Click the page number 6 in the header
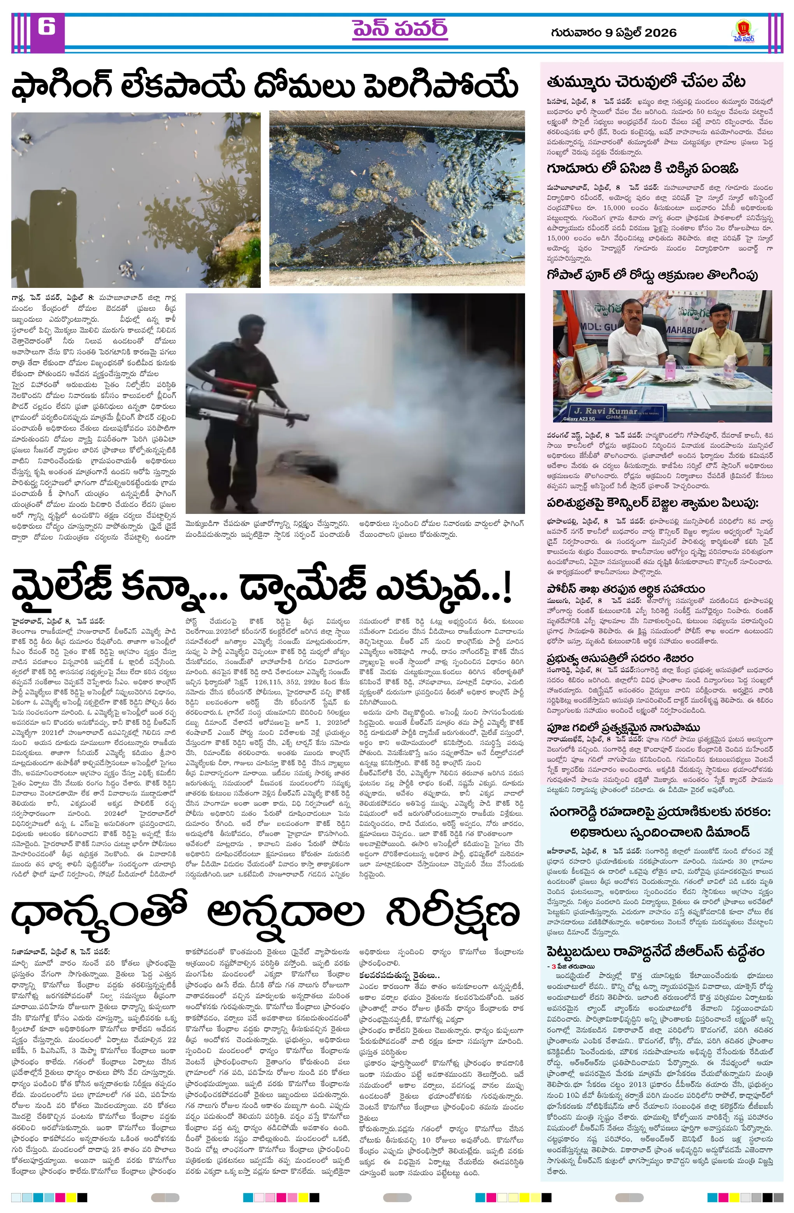click(46, 26)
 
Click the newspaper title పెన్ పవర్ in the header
click(399, 30)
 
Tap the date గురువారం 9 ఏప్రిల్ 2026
click(613, 33)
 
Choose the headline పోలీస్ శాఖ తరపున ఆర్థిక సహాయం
click(626, 589)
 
